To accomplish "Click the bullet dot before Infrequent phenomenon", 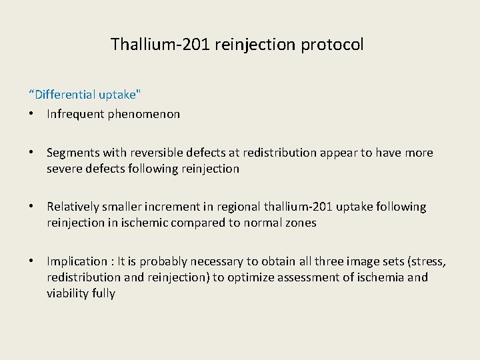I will [x=31, y=114].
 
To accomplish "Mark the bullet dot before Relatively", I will [x=31, y=207].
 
